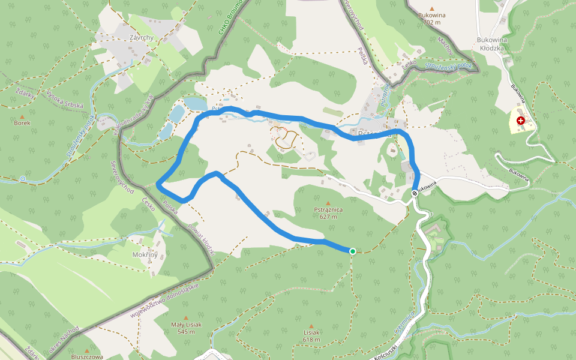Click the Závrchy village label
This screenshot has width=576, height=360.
[x=142, y=37]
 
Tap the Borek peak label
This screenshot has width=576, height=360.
[x=22, y=122]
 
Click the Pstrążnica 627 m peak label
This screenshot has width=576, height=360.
[x=328, y=213]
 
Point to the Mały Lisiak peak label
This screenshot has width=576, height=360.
[x=186, y=328]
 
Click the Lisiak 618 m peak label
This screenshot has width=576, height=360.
[x=311, y=335]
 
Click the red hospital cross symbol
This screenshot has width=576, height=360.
[x=520, y=121]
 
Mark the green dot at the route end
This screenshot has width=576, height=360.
[x=352, y=251]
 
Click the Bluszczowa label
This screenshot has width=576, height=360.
[x=88, y=356]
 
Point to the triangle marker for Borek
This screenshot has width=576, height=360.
[x=22, y=115]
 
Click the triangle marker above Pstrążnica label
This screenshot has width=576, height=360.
[x=328, y=203]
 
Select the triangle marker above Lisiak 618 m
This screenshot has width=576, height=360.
[x=311, y=325]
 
